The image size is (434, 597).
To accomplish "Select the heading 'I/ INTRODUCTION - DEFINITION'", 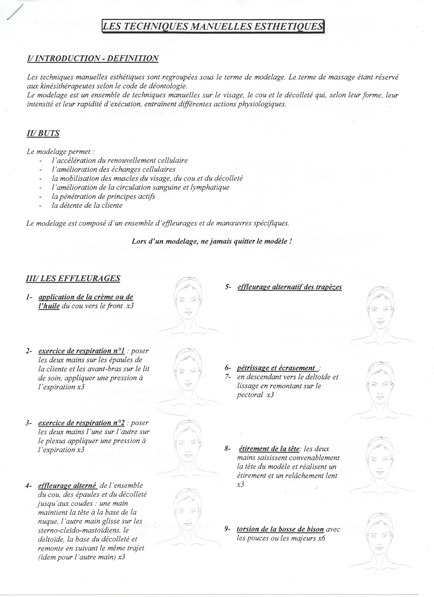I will click(x=93, y=58).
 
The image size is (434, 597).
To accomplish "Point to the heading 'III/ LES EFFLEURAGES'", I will click(x=73, y=278).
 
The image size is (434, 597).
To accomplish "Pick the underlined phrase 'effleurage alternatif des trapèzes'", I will click(x=289, y=287).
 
